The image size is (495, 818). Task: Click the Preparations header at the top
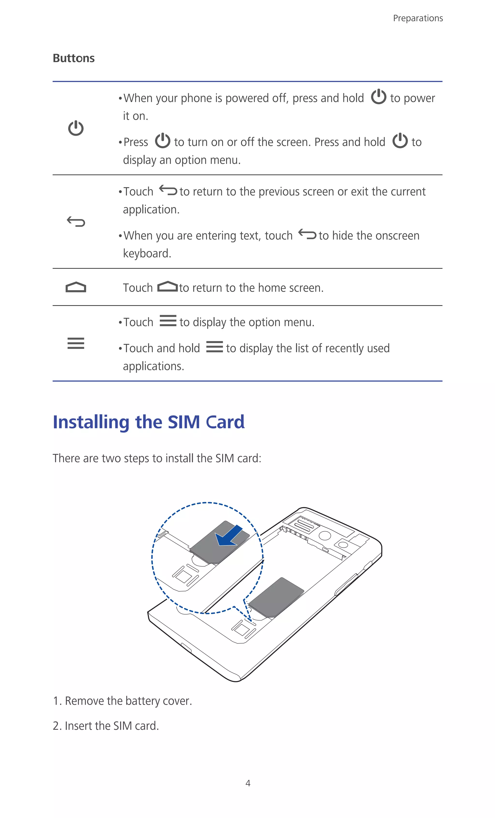pos(418,18)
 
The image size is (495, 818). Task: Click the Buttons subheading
pos(74,58)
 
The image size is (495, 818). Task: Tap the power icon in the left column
pos(76,128)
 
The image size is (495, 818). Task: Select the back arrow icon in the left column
pos(76,221)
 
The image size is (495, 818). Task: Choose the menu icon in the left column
pos(76,343)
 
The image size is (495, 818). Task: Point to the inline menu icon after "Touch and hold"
pos(214,347)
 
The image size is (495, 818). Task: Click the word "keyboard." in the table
pos(147,254)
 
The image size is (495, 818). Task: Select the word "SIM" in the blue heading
pos(184,422)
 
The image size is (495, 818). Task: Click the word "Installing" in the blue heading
pos(91,422)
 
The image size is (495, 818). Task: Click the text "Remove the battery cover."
pos(128,701)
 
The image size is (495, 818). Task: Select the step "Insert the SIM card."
pos(112,726)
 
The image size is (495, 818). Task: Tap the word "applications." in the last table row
pos(153,366)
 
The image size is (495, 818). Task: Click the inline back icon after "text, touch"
pos(307,234)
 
